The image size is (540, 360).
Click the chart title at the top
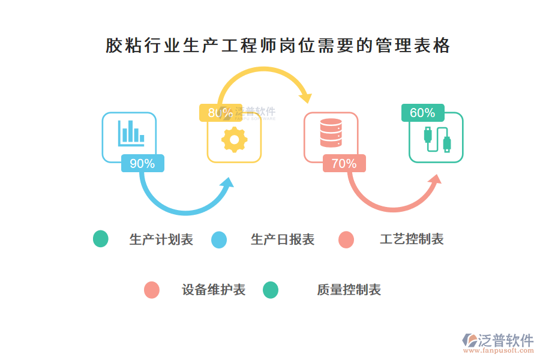click(278, 46)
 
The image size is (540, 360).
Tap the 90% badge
click(142, 163)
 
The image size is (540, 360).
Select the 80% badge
click(220, 113)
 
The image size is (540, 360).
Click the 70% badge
click(344, 163)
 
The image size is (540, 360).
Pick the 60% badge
click(422, 113)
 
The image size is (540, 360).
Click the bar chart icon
click(130, 133)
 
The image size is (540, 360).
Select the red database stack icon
click(331, 133)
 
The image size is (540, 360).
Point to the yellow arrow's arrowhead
click(307, 95)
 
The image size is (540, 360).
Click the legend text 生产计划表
click(161, 240)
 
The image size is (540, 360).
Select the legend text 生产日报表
click(283, 240)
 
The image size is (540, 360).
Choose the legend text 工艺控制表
click(412, 240)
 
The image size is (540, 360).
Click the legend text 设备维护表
click(214, 290)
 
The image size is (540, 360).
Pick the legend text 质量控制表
click(349, 290)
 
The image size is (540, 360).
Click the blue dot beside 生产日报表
click(219, 240)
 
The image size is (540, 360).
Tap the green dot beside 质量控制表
click(271, 290)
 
